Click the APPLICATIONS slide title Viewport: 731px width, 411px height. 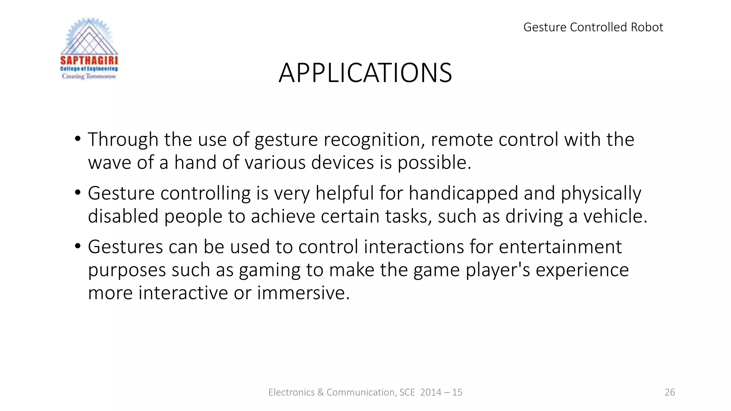365,73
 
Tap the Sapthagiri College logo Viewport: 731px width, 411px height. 89,49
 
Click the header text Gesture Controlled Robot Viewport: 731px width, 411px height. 593,27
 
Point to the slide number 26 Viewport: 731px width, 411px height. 670,392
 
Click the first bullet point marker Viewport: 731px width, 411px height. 78,139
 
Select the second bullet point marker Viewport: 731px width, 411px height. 78,193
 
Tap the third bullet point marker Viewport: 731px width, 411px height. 78,247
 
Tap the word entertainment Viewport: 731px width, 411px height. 560,247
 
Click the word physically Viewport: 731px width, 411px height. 601,193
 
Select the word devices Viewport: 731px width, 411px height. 342,163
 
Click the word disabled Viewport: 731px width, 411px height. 123,217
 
